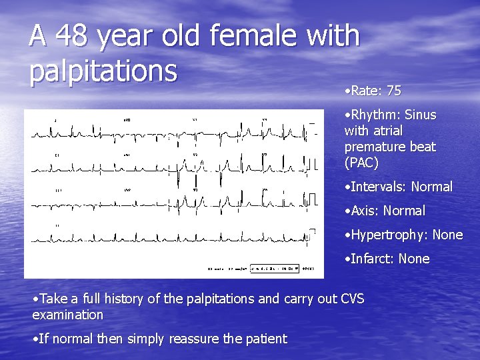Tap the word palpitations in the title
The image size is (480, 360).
point(103,69)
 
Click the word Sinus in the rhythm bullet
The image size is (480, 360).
point(420,115)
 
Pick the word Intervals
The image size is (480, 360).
point(375,187)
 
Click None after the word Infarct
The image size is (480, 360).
point(415,259)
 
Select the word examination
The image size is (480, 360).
point(68,315)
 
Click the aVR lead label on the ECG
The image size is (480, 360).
point(127,121)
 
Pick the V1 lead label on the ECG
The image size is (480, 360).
point(195,120)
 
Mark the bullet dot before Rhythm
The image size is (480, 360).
point(347,115)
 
